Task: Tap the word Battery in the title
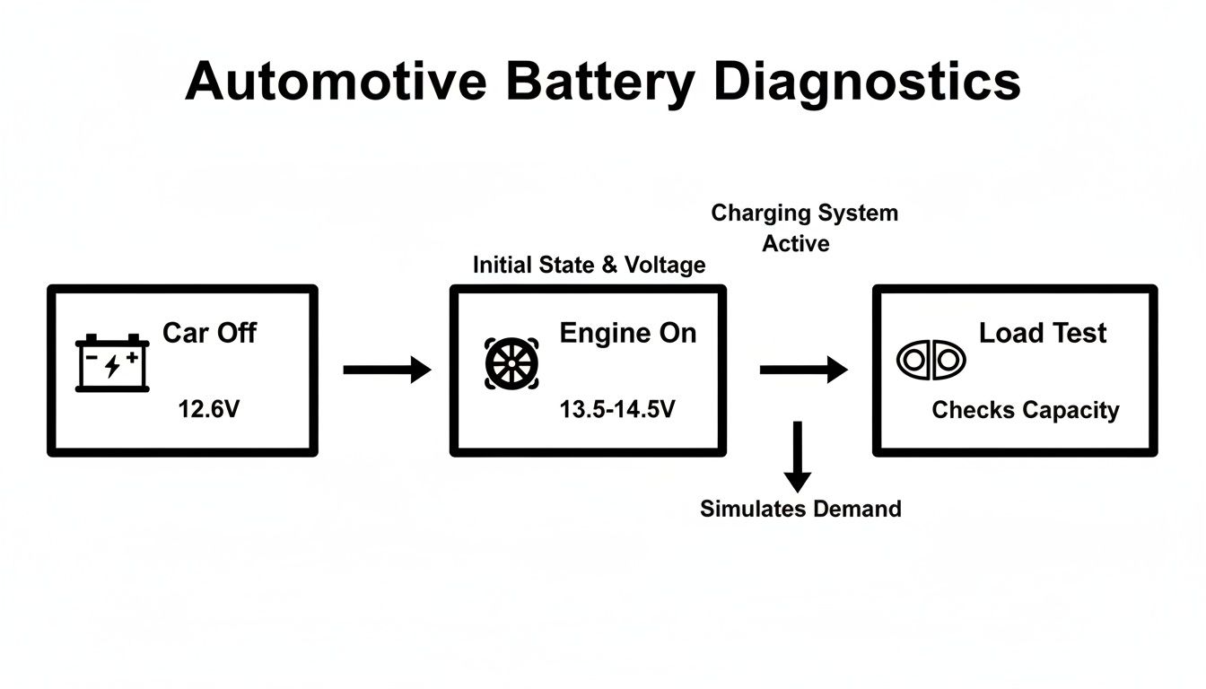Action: [599, 83]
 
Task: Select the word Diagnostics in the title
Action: [869, 83]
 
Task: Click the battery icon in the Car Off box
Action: [112, 363]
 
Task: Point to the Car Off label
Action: [209, 333]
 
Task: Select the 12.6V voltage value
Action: [209, 410]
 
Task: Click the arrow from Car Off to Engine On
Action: [387, 369]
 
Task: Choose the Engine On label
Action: [627, 333]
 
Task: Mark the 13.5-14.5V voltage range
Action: [617, 410]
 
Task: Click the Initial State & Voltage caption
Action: [589, 265]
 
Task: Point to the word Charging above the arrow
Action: [760, 214]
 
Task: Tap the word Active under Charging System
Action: [795, 244]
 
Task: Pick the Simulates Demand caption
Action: [800, 509]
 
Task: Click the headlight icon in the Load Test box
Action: [931, 360]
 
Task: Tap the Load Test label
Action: [1042, 333]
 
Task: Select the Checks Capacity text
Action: [1025, 410]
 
